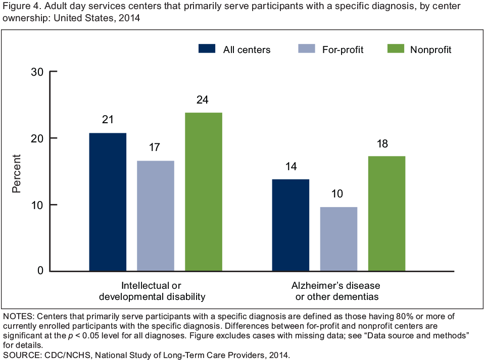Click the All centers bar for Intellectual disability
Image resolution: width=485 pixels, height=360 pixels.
click(x=108, y=202)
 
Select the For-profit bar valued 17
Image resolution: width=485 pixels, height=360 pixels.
click(x=156, y=216)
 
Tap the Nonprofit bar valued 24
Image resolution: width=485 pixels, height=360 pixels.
click(x=204, y=192)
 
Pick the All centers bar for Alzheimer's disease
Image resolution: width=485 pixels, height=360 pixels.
click(x=290, y=225)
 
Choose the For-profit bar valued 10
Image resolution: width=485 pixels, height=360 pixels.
click(x=338, y=239)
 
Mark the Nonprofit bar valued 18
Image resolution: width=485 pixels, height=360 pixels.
click(x=386, y=214)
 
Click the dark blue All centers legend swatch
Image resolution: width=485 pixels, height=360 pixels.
click(x=208, y=49)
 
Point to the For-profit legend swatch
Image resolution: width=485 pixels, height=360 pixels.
click(x=307, y=49)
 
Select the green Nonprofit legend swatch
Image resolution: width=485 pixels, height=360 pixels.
click(x=396, y=49)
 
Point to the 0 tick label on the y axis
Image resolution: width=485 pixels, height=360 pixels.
click(x=40, y=271)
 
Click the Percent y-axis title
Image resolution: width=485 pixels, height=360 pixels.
click(x=17, y=172)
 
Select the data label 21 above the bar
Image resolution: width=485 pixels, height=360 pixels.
click(x=108, y=120)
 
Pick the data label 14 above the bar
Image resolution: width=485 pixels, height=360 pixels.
click(x=290, y=166)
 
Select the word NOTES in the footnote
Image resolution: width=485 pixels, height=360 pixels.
click(x=18, y=317)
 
